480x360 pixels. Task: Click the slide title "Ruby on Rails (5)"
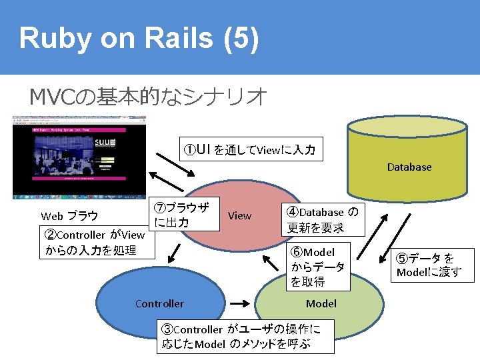(139, 39)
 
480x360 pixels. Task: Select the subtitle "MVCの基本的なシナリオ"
(148, 97)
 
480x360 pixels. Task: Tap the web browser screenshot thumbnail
(79, 157)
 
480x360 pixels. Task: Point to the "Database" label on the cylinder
(409, 167)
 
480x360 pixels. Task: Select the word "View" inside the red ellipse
(239, 215)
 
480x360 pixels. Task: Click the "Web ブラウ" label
(69, 216)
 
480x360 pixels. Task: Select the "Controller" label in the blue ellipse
(159, 304)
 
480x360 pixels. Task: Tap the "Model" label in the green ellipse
(321, 304)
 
